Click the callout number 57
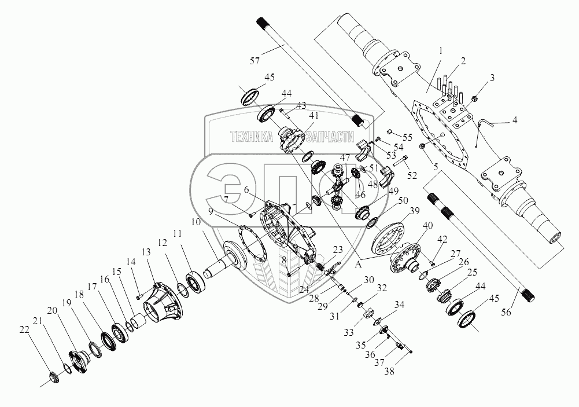tap(255, 60)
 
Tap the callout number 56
tap(506, 313)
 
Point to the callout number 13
tap(146, 252)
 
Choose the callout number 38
tap(389, 371)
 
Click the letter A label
tap(357, 265)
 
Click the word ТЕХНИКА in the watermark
tap(252, 137)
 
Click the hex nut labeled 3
tap(476, 98)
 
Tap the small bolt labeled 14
tap(139, 286)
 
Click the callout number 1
tap(441, 50)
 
